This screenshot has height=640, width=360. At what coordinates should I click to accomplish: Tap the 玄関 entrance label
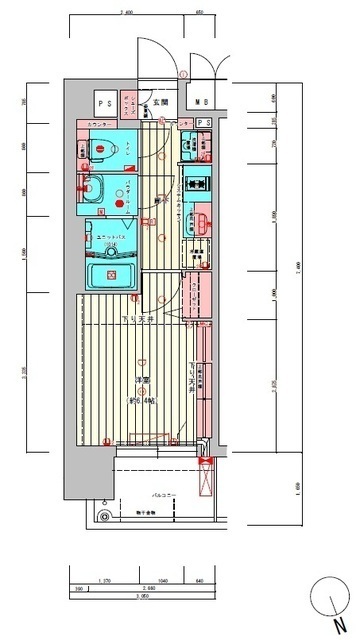coord(161,102)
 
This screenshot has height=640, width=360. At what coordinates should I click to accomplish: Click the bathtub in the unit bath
coord(111,274)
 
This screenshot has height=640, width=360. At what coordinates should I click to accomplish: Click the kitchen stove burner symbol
coord(195,185)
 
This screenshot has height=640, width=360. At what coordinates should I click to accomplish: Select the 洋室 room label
coord(142,381)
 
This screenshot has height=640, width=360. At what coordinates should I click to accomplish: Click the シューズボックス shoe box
coord(130,102)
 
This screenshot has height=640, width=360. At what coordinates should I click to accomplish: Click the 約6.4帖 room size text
coord(142,390)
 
